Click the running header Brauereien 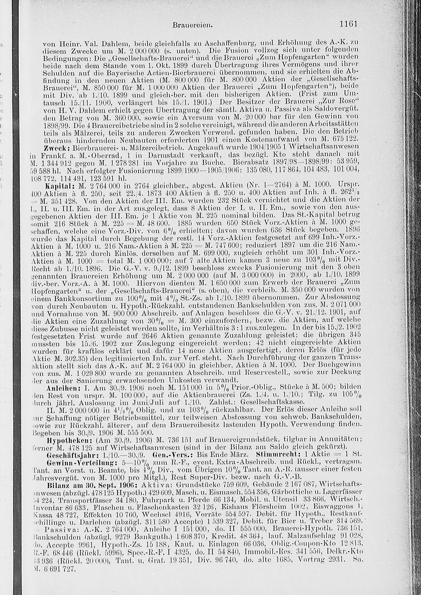click(x=193, y=25)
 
